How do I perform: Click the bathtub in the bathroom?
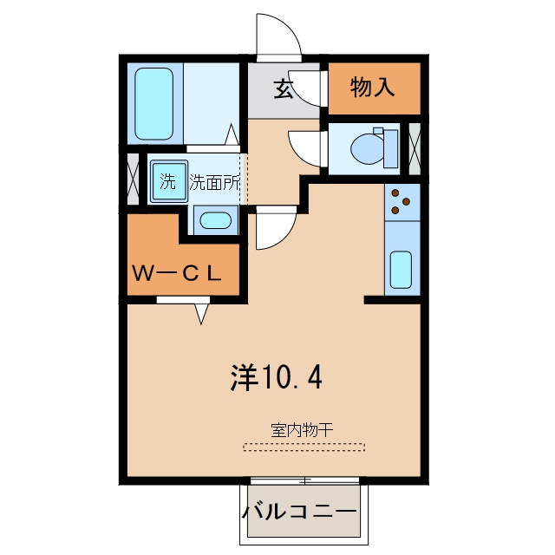[x=154, y=104]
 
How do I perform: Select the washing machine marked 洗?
[x=169, y=181]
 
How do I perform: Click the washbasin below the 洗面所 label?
[x=216, y=220]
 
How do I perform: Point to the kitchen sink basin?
[x=401, y=270]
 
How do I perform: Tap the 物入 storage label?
[x=373, y=87]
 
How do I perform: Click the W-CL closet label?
[x=177, y=273]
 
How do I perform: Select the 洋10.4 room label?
[x=276, y=377]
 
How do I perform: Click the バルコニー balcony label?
[x=299, y=513]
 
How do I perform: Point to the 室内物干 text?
[x=302, y=430]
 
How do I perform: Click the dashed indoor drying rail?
[x=304, y=447]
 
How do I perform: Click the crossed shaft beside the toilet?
[x=415, y=148]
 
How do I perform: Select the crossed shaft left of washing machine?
[x=133, y=179]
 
